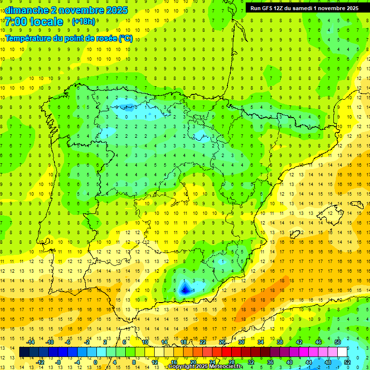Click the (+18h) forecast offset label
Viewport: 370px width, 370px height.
pos(83,22)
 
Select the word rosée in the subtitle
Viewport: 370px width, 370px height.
pos(103,39)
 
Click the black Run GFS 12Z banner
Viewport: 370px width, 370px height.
pos(304,8)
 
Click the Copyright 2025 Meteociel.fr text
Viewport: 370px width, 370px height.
pos(205,367)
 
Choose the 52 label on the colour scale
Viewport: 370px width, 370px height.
pos(347,362)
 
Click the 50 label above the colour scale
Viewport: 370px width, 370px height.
pos(338,342)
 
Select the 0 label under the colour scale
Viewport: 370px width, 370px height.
pos(95,362)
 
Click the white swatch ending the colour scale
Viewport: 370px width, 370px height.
pos(343,352)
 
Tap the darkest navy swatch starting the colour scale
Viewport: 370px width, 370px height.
pos(24,352)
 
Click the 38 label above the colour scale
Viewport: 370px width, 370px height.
pos(279,342)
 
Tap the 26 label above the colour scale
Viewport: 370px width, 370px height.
pos(222,342)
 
